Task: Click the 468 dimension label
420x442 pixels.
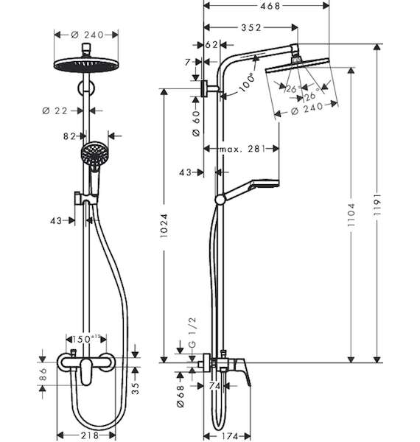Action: click(x=270, y=6)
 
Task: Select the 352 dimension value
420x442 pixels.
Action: click(x=251, y=28)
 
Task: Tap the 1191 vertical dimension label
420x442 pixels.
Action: click(x=377, y=205)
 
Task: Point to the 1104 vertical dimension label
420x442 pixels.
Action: click(x=351, y=215)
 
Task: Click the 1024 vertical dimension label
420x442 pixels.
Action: click(x=164, y=226)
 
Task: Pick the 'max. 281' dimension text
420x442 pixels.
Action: click(x=242, y=149)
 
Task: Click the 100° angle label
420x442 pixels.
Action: click(x=247, y=83)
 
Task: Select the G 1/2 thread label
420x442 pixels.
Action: click(x=192, y=333)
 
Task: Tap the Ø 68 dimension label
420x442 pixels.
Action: click(x=181, y=396)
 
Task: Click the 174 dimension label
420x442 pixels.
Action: click(x=228, y=436)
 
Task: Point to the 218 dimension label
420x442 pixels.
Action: click(x=91, y=435)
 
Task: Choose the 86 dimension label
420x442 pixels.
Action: click(x=43, y=373)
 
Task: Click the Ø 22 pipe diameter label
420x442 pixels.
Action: click(x=55, y=110)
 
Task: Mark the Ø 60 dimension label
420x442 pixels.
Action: click(x=196, y=124)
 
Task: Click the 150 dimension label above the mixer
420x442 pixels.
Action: click(x=86, y=339)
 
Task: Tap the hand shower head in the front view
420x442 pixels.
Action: click(x=94, y=154)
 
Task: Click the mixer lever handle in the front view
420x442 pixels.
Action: click(x=85, y=372)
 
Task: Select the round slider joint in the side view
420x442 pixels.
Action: click(x=220, y=200)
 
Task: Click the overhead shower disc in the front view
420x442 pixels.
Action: click(x=86, y=65)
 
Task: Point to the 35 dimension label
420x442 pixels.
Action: click(x=136, y=388)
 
